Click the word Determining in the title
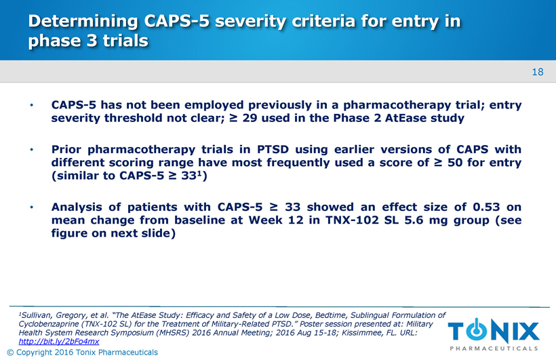pyautogui.click(x=83, y=22)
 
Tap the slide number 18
pyautogui.click(x=538, y=72)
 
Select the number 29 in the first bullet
pyautogui.click(x=250, y=118)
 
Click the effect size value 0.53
pyautogui.click(x=486, y=207)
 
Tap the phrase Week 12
pyautogui.click(x=276, y=220)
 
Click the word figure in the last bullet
pyautogui.click(x=69, y=233)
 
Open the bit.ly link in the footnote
pyautogui.click(x=59, y=341)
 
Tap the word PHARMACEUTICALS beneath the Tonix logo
pyautogui.click(x=494, y=348)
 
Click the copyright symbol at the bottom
pyautogui.click(x=10, y=353)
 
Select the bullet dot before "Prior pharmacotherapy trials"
pyautogui.click(x=32, y=150)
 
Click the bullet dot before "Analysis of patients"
pyautogui.click(x=32, y=207)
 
